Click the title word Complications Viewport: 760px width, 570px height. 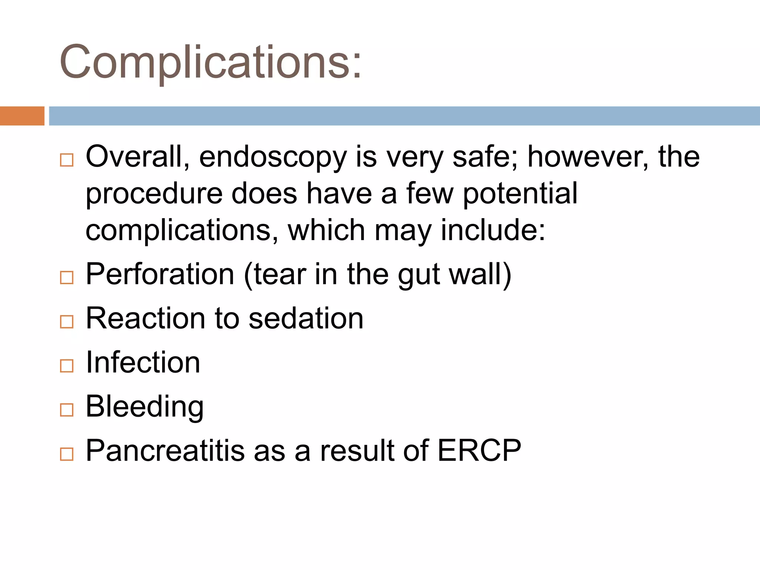(210, 62)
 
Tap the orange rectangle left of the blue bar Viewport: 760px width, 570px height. (22, 116)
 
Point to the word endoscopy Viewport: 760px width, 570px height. (273, 158)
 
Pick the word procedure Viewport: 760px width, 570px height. (154, 194)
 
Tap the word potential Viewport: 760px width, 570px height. (520, 194)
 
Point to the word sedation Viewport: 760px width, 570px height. (306, 318)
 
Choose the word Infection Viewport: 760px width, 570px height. (143, 362)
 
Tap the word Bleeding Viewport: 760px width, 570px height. (144, 407)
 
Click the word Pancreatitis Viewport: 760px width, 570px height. (165, 451)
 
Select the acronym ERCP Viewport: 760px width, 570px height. (479, 451)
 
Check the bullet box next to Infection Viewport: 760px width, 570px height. (67, 366)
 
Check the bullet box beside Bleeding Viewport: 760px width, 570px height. (67, 410)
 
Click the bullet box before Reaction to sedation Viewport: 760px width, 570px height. (67, 322)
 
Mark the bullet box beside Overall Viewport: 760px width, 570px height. (67, 160)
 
